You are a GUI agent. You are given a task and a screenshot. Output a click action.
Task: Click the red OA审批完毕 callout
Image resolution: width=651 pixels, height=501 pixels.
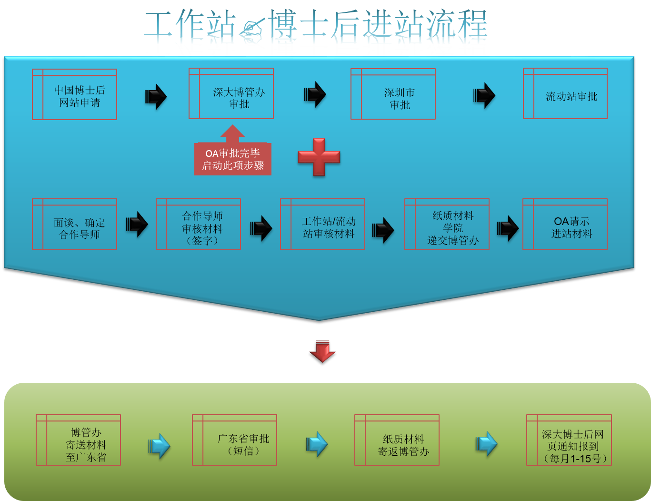point(233,159)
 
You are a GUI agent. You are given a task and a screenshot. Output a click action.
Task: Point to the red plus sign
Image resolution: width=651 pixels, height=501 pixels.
point(319,157)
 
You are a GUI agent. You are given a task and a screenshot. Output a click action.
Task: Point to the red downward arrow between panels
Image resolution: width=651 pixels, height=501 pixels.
point(322,351)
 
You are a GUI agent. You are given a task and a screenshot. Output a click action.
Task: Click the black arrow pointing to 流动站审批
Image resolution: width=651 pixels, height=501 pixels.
point(484,95)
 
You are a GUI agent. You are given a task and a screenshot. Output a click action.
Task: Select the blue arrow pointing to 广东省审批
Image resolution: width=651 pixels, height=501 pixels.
point(160,446)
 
